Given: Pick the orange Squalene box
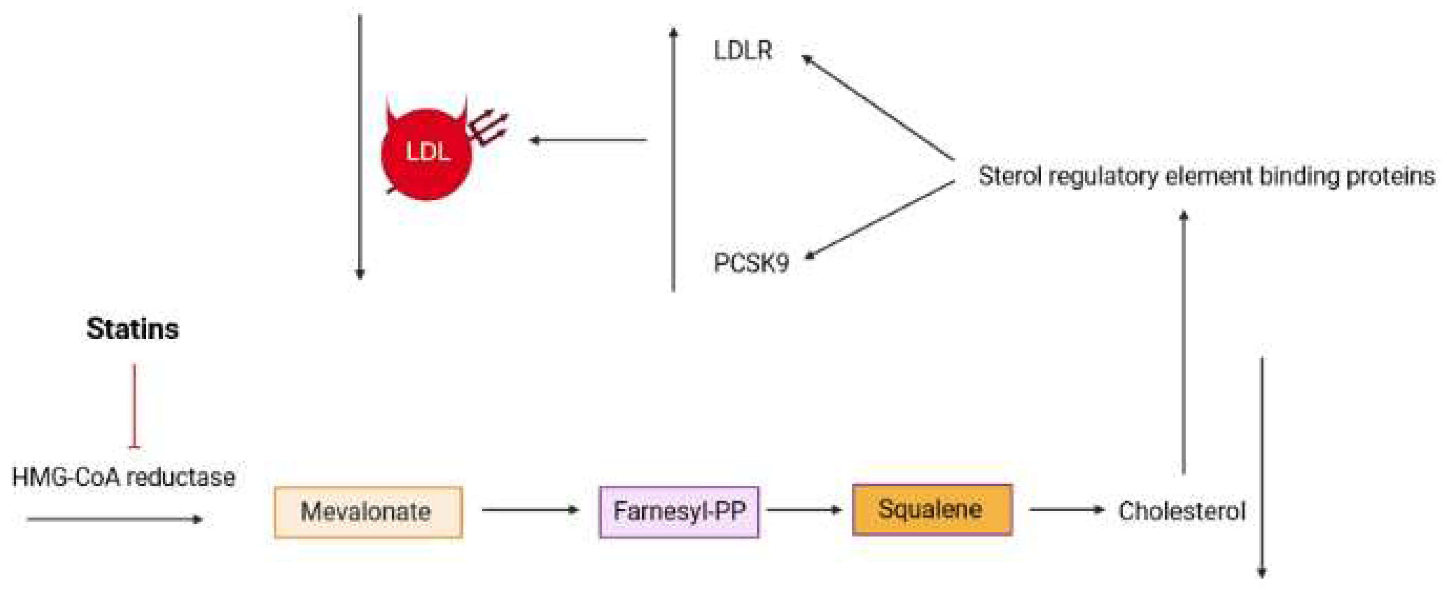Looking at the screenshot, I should (x=932, y=510).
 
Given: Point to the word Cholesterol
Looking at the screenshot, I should (x=1181, y=511).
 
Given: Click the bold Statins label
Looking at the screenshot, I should (x=132, y=329).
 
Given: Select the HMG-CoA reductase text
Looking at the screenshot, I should (x=123, y=478).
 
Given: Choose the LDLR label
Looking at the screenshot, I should (x=743, y=51).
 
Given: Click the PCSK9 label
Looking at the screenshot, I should (x=751, y=263).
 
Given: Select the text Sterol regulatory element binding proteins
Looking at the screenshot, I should (x=1206, y=176).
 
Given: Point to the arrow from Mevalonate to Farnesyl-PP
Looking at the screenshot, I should (x=530, y=510).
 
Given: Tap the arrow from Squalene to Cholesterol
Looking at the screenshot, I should (x=1066, y=510).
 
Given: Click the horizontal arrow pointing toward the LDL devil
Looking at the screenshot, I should (x=588, y=140).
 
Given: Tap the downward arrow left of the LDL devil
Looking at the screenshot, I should (x=360, y=146).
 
